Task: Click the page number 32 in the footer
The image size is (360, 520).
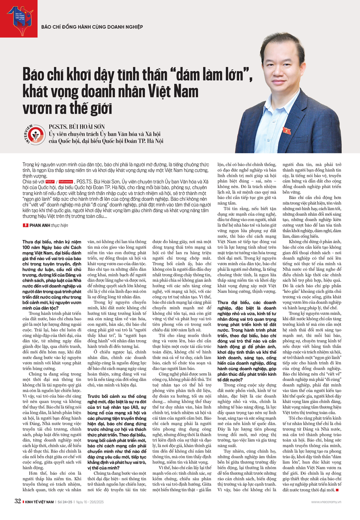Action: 18,501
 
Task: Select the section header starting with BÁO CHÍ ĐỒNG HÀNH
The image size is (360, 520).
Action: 92,27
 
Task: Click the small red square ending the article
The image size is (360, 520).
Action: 337,490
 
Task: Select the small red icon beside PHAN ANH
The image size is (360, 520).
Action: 25,225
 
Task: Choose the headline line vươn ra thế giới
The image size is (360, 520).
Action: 67,108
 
